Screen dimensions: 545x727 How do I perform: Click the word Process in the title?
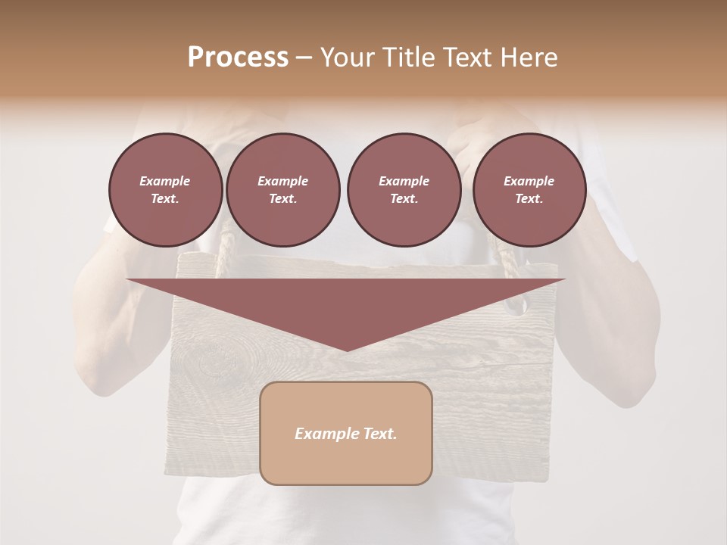coord(238,58)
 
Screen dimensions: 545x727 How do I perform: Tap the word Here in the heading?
coord(529,58)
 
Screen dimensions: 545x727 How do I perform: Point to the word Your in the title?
coord(346,58)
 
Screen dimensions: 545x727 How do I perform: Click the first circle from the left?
coord(165,190)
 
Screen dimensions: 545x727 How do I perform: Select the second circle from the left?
coord(282,190)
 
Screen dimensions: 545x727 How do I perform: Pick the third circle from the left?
coord(404,190)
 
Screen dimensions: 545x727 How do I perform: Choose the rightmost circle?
coord(529,190)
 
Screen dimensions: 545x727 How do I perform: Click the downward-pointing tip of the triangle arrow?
coord(347,350)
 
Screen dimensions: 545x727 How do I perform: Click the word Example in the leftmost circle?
coord(165,182)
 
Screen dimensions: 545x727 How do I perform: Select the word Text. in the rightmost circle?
coord(529,199)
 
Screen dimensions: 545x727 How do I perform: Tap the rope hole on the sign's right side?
coord(516,305)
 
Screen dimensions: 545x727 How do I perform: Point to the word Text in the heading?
coord(466,58)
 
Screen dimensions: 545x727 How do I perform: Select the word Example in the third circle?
coord(404,182)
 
